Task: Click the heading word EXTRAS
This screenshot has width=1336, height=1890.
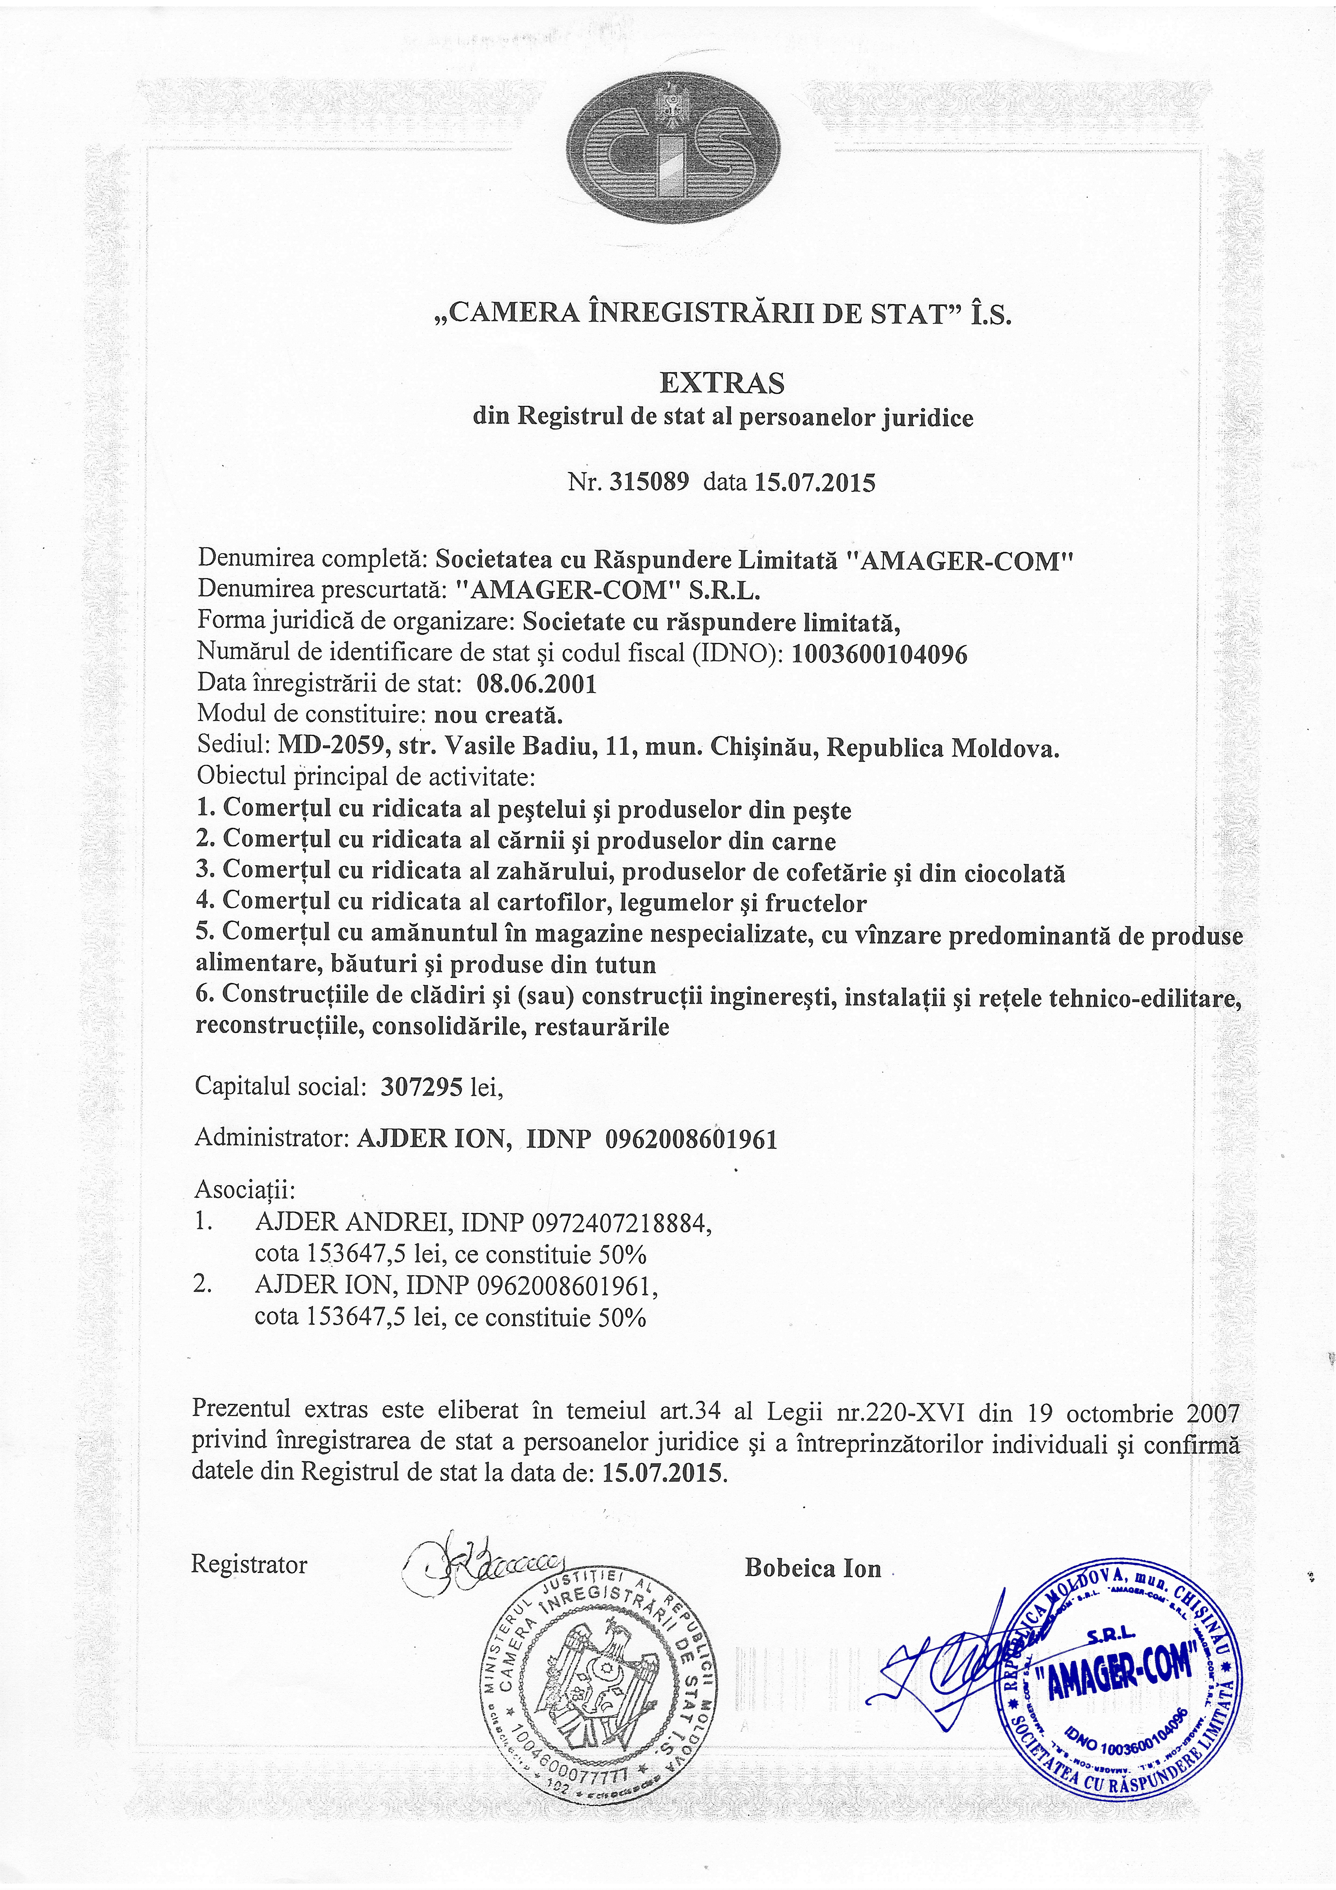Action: coord(722,383)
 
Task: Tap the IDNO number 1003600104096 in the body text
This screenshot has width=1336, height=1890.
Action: coord(879,654)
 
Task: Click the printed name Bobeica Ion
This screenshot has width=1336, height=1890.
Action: coord(812,1568)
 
